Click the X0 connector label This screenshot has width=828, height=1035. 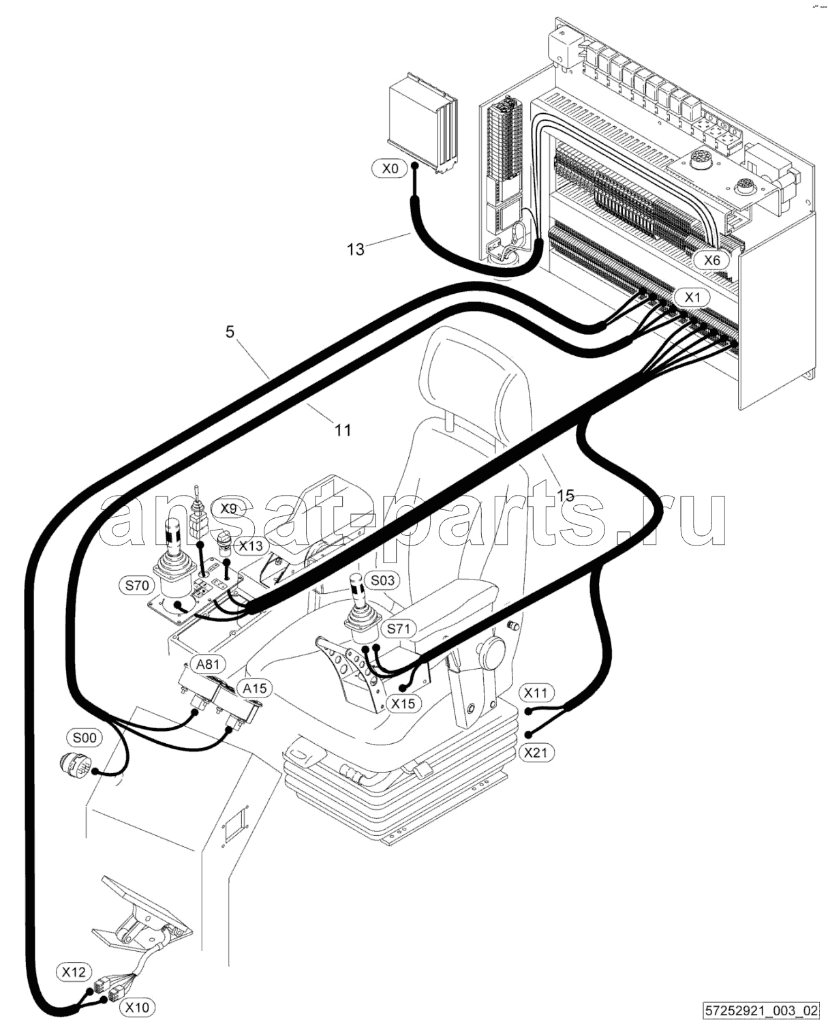[390, 169]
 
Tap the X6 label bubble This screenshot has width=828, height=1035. [711, 260]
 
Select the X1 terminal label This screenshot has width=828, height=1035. [692, 298]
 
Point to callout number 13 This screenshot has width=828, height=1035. [356, 249]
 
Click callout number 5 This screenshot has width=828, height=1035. [230, 332]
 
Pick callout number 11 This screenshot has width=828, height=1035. [342, 430]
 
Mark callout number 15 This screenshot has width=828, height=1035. [566, 496]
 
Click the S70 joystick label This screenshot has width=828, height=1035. [136, 585]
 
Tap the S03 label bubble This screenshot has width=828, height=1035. [382, 580]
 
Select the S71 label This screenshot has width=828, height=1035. [398, 629]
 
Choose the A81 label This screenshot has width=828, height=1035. [208, 664]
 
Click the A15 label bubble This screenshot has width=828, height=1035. [254, 688]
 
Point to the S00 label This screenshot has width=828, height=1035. [84, 737]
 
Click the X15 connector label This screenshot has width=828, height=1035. [403, 704]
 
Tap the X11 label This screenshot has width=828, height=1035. [536, 693]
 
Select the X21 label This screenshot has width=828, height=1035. [536, 752]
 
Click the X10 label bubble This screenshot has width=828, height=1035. [137, 1006]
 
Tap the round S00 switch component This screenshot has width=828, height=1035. [71, 763]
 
